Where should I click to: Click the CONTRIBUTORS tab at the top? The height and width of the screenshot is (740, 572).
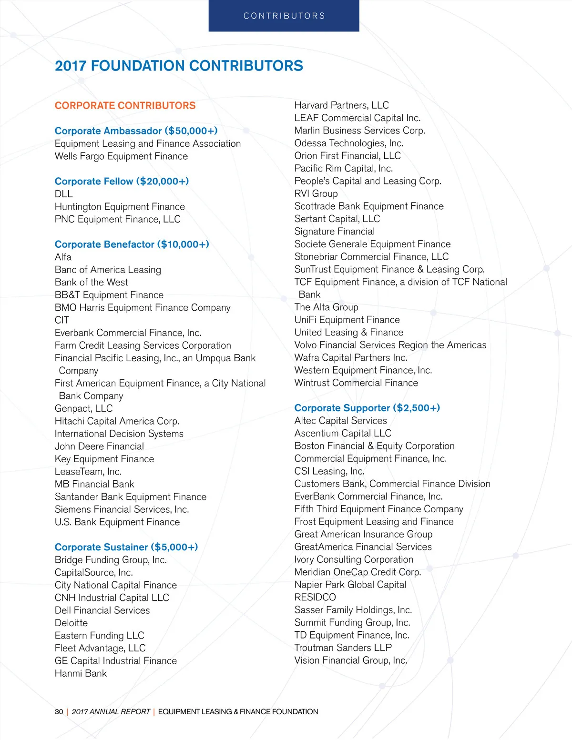[284, 16]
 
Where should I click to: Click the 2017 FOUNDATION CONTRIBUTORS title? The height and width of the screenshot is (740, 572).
[179, 66]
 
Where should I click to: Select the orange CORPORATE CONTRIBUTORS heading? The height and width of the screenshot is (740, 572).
[125, 105]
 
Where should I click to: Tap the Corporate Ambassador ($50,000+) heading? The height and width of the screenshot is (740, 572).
[136, 131]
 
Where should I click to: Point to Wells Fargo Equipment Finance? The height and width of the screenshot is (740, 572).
[121, 156]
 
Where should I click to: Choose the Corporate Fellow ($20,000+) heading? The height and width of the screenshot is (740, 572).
[122, 181]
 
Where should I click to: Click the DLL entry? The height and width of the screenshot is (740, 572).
[63, 194]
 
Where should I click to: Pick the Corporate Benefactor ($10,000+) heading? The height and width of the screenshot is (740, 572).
[132, 244]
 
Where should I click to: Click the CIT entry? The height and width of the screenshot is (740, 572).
[61, 320]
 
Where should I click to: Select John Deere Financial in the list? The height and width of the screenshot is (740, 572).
[99, 446]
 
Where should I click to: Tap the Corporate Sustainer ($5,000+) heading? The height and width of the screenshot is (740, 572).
[126, 547]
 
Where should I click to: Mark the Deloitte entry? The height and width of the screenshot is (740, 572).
[71, 623]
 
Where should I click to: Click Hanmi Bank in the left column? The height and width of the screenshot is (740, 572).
[81, 673]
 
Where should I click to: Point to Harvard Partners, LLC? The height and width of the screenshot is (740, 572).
[341, 105]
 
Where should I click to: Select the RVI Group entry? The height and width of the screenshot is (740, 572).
[316, 193]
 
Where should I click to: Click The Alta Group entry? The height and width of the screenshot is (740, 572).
[326, 307]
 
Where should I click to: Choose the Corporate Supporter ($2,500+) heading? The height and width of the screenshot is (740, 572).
[367, 408]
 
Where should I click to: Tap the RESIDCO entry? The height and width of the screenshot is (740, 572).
[315, 598]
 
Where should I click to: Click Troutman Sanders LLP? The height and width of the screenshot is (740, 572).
[343, 648]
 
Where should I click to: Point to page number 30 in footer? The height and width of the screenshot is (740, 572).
[59, 712]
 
